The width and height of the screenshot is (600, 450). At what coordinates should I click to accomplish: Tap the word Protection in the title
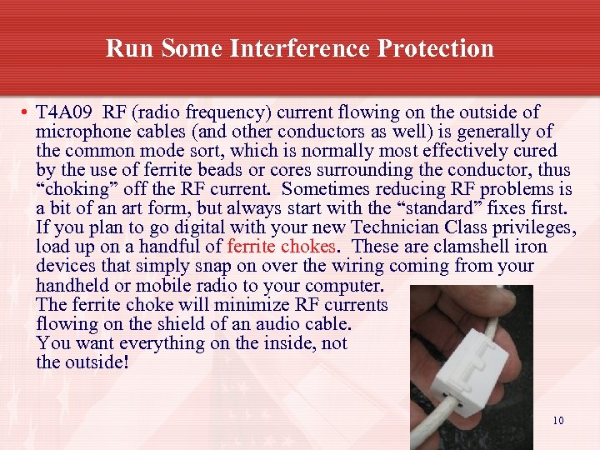click(435, 48)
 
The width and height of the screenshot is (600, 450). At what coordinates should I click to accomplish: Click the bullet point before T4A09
click(27, 112)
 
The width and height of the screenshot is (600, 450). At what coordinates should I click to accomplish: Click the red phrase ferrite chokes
click(282, 247)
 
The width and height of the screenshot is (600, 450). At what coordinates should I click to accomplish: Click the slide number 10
click(557, 420)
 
